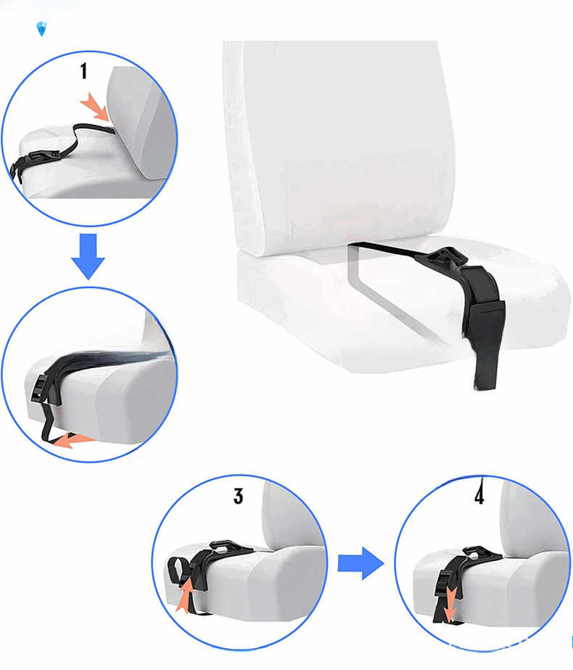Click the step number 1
tap(84, 71)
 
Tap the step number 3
tap(238, 496)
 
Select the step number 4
tap(479, 496)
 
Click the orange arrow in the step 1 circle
tap(95, 107)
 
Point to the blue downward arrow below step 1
tap(88, 256)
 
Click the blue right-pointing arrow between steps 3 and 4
tap(360, 563)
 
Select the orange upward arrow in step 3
tap(185, 595)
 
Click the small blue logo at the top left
tap(42, 29)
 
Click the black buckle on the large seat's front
tap(485, 320)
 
